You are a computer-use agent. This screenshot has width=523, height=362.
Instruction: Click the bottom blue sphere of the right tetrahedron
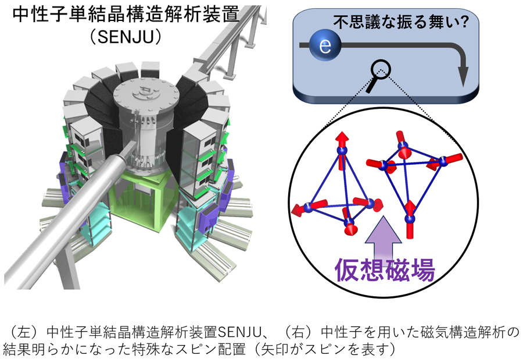410,219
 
